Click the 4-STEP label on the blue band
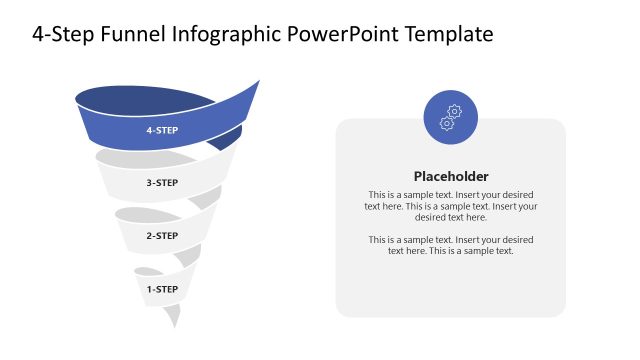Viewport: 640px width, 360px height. pos(162,130)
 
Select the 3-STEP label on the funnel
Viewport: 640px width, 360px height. pos(162,183)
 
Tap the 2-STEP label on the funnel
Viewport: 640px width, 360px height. pos(162,236)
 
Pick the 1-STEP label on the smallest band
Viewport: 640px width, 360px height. pos(162,289)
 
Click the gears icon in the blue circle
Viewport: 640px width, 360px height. pos(451,117)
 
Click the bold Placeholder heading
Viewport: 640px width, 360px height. pos(451,175)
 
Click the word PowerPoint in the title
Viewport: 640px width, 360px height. pos(347,35)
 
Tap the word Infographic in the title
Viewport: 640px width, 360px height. pos(226,35)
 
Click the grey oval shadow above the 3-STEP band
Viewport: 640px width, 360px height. pos(135,157)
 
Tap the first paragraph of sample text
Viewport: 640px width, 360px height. pos(451,205)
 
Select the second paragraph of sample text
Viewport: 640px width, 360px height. pos(451,245)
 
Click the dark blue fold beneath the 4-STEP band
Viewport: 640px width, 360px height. pos(228,139)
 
